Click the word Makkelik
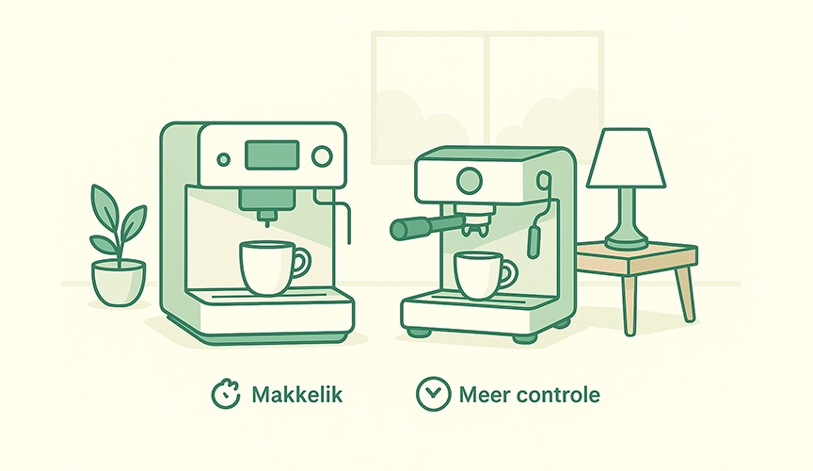pyautogui.click(x=297, y=395)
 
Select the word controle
pyautogui.click(x=562, y=395)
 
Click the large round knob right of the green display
pyautogui.click(x=323, y=156)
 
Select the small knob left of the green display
pyautogui.click(x=223, y=159)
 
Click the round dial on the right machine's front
pyautogui.click(x=468, y=180)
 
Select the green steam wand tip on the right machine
pyautogui.click(x=534, y=241)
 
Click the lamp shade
pyautogui.click(x=626, y=159)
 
